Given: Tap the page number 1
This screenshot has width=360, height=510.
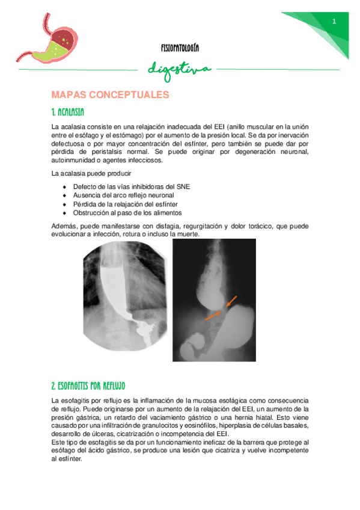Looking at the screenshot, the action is [x=334, y=22].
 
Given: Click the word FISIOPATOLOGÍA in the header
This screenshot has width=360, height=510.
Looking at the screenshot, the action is [x=180, y=47].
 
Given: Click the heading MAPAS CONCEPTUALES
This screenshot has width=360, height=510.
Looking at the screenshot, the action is [x=111, y=95].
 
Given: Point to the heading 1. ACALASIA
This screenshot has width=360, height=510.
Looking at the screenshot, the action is [x=68, y=112].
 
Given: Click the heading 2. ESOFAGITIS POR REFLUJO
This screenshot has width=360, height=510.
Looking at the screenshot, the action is [x=88, y=384].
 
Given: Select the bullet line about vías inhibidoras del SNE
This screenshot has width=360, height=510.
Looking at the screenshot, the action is [x=131, y=187].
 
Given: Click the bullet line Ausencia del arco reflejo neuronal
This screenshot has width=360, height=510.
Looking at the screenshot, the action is [x=123, y=195].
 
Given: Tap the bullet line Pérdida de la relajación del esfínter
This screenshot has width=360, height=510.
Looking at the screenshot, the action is [x=127, y=204].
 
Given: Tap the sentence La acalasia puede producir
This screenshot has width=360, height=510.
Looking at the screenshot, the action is [x=87, y=174].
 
